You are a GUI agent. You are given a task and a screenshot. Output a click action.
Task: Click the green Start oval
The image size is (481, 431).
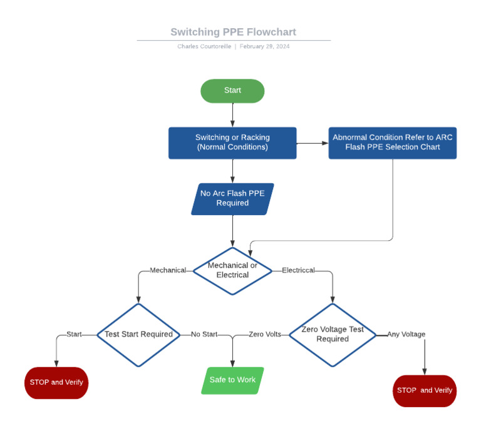(x=232, y=91)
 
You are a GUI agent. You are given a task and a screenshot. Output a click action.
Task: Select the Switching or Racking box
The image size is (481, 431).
(x=232, y=143)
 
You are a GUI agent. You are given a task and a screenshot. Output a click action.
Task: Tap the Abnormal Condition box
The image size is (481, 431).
(x=392, y=143)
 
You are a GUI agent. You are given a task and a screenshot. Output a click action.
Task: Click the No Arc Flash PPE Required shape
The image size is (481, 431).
(x=232, y=198)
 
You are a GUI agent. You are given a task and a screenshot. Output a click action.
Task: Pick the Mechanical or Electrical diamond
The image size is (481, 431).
(x=232, y=270)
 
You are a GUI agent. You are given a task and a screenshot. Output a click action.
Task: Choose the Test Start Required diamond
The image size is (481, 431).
(x=138, y=334)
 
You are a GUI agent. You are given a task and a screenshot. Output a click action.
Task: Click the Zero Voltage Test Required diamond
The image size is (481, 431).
(x=332, y=334)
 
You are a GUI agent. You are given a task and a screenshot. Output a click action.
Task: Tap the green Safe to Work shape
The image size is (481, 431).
(x=232, y=380)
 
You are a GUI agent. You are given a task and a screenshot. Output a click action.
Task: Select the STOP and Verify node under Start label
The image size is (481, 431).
(x=56, y=382)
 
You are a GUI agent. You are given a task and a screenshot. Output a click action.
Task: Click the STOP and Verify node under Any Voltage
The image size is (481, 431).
(x=424, y=390)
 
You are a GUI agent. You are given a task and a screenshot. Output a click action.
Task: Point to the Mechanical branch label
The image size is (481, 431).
(x=168, y=270)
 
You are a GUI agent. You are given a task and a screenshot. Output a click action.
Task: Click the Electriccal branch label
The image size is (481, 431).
(x=298, y=270)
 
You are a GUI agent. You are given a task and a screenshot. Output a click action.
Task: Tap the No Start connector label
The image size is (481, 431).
(x=204, y=334)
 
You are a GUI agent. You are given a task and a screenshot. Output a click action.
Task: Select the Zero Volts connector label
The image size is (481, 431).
(x=264, y=334)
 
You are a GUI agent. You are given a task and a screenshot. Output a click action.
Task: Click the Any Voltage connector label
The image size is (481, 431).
(x=406, y=334)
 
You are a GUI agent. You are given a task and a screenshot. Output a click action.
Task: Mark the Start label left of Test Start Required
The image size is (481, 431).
(x=74, y=334)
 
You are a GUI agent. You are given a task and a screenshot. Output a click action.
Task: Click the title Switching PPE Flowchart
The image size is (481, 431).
(x=233, y=32)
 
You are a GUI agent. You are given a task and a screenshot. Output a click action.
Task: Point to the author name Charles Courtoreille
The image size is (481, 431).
(x=204, y=47)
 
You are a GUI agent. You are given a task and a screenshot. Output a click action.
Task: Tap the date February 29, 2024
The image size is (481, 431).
(x=264, y=47)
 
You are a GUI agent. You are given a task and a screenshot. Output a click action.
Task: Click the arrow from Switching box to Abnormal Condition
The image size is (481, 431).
(x=313, y=143)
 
